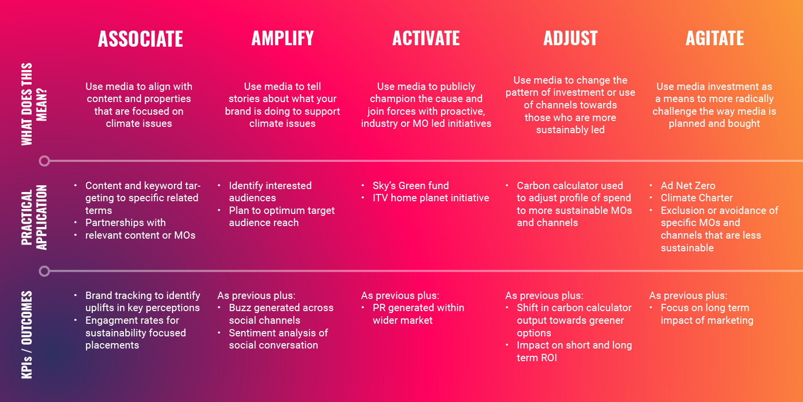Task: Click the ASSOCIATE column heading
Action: (140, 39)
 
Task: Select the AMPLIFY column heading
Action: (283, 38)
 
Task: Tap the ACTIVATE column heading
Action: (426, 38)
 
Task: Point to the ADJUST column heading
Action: (570, 38)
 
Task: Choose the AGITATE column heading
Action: (715, 38)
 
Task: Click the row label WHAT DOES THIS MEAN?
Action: (34, 104)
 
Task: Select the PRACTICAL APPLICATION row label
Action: (34, 217)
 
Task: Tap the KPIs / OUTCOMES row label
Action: (27, 334)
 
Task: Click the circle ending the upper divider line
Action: (45, 161)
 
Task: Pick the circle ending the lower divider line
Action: (45, 271)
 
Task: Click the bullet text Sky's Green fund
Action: (410, 185)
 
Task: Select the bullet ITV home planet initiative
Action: (430, 198)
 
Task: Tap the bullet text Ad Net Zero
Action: (688, 185)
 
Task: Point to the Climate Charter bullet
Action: (697, 198)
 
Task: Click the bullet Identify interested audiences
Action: (270, 192)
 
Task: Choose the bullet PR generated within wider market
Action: (418, 314)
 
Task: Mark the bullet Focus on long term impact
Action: (707, 314)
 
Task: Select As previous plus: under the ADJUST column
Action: (544, 296)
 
